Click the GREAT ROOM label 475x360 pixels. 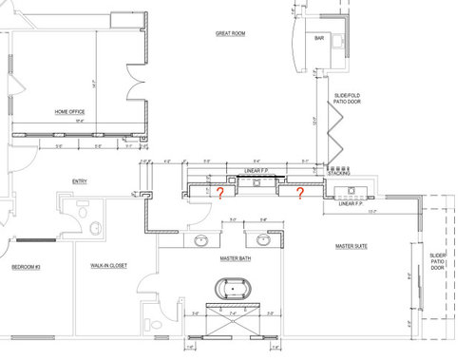231,33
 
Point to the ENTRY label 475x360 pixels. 80,181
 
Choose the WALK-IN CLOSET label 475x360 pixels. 109,266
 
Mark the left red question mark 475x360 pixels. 220,195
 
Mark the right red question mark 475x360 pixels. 299,195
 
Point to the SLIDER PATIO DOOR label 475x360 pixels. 437,261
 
